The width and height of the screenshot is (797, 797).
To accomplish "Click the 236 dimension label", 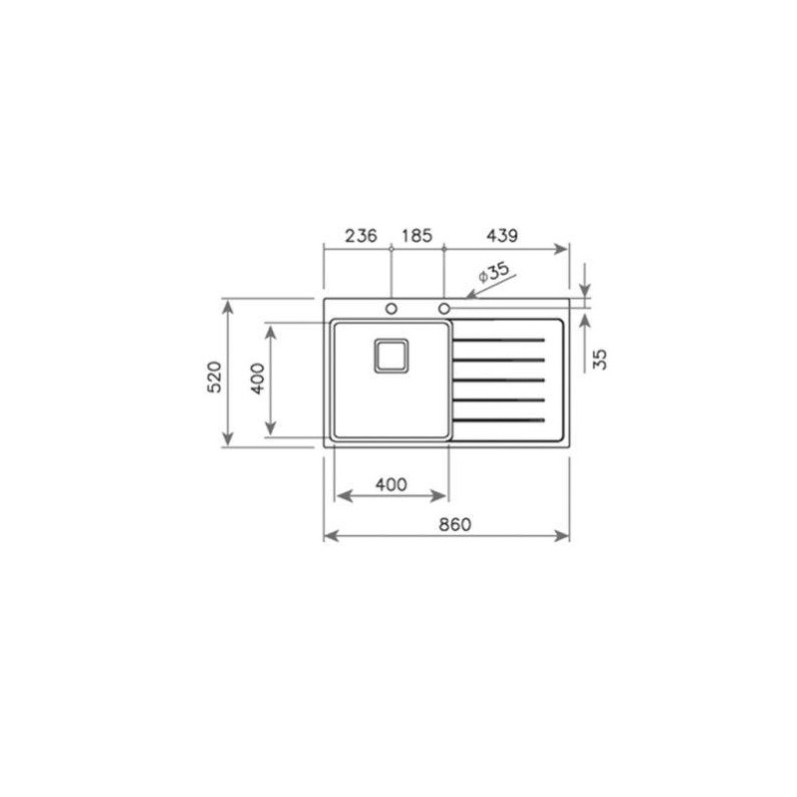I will click(x=360, y=236).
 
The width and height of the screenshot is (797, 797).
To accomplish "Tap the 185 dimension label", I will click(x=416, y=236).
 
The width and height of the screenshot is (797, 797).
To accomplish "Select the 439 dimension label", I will click(x=501, y=236).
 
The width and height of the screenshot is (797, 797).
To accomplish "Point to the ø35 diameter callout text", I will click(x=493, y=271).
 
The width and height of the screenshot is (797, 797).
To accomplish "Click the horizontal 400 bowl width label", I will click(x=391, y=484).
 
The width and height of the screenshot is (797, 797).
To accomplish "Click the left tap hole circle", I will click(x=392, y=307).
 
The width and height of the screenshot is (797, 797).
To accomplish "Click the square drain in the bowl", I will click(x=389, y=355).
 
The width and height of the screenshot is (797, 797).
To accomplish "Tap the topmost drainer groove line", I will click(x=499, y=341).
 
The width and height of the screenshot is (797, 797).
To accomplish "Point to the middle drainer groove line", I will click(x=499, y=380).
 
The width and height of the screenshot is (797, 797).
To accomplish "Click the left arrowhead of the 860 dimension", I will click(x=330, y=537).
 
